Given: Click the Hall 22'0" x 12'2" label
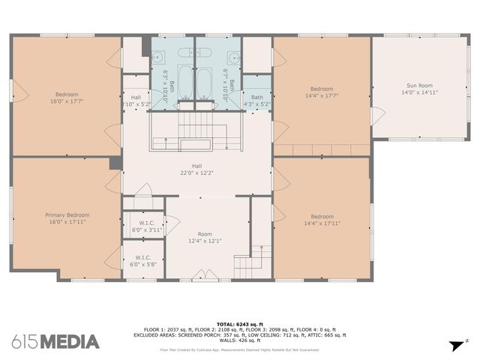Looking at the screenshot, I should point(196,170).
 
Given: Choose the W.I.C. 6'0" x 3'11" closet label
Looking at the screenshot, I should point(146,226).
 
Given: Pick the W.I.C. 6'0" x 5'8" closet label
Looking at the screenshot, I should point(142,261).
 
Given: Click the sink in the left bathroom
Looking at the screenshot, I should point(160,57).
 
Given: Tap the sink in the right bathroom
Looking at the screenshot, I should point(234,57).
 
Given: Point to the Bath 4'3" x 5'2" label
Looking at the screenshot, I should point(256,100).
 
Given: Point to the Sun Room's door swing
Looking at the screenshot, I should point(378,117).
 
